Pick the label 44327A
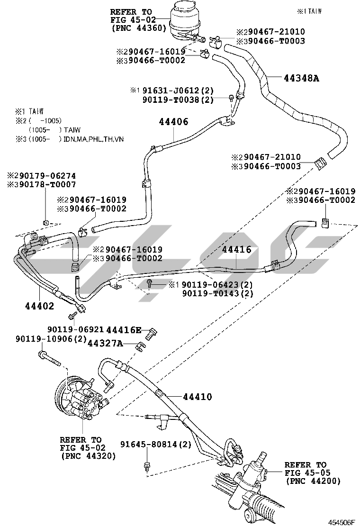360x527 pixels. coord(105,343)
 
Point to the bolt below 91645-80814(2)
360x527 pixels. coord(146,466)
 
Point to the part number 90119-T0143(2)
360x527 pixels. coord(217,293)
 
